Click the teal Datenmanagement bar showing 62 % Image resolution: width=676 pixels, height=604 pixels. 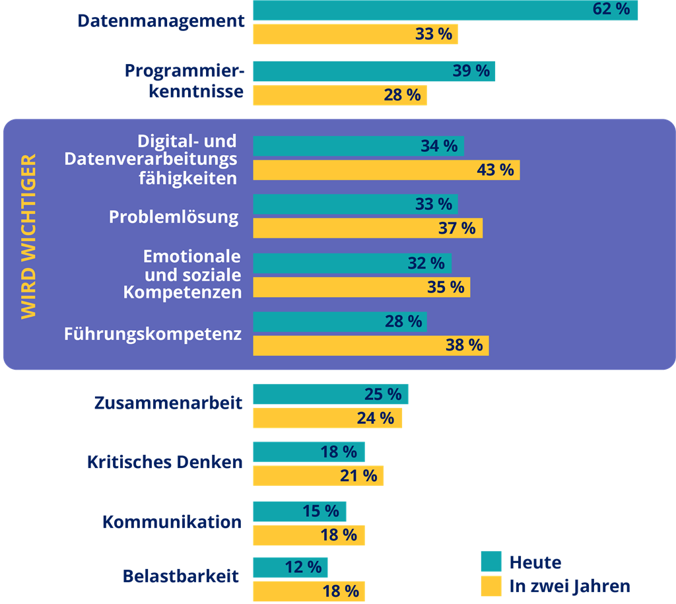[x=446, y=10]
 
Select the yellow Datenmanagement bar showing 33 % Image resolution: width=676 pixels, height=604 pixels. [x=355, y=34]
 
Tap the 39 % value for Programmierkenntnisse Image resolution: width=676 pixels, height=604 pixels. [x=471, y=71]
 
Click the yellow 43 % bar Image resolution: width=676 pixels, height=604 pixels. [x=386, y=170]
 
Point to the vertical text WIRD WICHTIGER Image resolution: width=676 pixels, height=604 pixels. [x=28, y=237]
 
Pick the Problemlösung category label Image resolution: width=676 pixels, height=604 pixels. [x=174, y=217]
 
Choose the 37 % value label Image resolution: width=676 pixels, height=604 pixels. [x=457, y=228]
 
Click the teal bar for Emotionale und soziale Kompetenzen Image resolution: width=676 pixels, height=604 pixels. [x=352, y=263]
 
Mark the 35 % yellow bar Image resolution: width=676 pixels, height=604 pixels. [x=361, y=287]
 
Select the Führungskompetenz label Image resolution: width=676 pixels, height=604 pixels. [x=152, y=334]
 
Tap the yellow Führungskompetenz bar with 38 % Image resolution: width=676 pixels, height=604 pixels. [x=370, y=345]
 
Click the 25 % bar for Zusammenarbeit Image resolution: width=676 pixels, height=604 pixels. [x=330, y=394]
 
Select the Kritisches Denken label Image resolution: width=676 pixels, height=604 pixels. [x=164, y=462]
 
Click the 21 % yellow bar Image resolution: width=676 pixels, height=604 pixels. [x=318, y=476]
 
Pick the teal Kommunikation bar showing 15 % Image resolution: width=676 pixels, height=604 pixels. [x=299, y=511]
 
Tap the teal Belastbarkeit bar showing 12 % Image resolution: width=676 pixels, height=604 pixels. [x=290, y=567]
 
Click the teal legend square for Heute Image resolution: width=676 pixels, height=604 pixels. [x=491, y=561]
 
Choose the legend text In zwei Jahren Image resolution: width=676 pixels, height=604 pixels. [x=569, y=586]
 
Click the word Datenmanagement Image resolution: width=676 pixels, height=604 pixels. [x=161, y=20]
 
